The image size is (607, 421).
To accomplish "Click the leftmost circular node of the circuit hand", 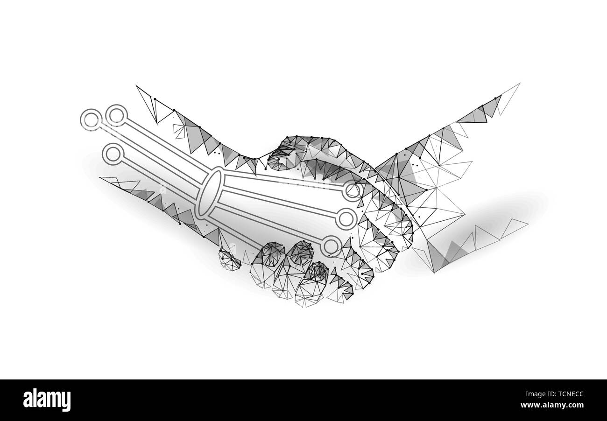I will (92, 119).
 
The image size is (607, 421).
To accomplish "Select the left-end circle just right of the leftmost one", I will (115, 116).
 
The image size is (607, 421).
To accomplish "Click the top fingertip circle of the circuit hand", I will (353, 191).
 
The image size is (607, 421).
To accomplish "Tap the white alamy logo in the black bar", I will (47, 400).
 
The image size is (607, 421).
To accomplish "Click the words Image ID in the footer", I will (535, 395).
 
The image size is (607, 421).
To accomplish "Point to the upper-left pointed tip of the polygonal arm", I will (137, 86).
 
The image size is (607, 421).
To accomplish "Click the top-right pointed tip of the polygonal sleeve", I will (519, 84).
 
